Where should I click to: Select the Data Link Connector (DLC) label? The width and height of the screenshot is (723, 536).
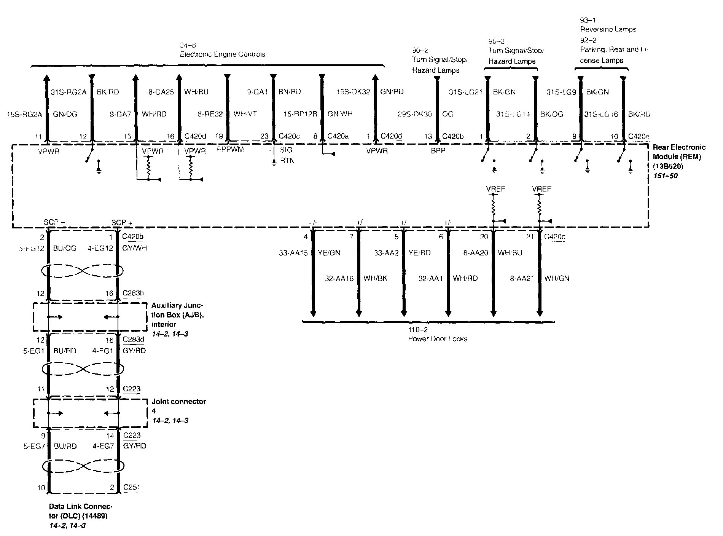click(81, 511)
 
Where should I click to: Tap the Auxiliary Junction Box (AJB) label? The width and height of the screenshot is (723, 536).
click(177, 315)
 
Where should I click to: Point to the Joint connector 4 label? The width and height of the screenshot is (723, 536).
click(178, 402)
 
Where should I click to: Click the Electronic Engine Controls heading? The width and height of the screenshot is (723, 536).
click(222, 54)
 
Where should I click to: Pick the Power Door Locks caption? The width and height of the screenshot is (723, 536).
click(438, 339)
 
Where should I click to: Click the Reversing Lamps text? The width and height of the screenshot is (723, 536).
click(608, 29)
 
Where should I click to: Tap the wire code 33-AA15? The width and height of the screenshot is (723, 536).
click(293, 253)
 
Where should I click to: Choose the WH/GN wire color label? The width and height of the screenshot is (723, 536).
click(557, 278)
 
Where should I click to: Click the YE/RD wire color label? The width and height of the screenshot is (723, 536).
click(419, 253)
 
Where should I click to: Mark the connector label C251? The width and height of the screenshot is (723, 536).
click(131, 487)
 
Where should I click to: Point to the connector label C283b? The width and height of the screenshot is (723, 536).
click(133, 293)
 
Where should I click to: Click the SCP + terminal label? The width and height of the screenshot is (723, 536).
click(122, 222)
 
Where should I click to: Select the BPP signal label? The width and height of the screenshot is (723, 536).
click(438, 151)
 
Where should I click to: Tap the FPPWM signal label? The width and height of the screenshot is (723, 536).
click(230, 150)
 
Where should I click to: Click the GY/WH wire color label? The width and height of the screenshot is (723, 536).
click(134, 248)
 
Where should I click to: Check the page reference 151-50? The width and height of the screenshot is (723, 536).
click(666, 176)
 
